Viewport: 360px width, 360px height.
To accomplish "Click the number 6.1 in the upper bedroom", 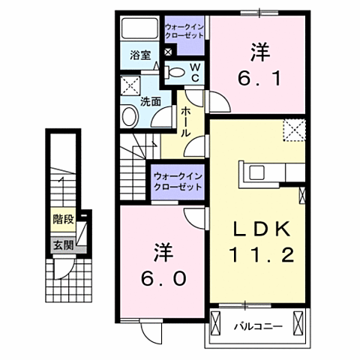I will [259, 77].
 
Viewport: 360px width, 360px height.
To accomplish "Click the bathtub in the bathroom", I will [139, 31].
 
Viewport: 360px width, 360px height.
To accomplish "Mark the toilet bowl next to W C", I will [174, 72].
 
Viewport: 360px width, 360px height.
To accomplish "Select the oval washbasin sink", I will [129, 116].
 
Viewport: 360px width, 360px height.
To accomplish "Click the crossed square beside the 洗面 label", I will [130, 84].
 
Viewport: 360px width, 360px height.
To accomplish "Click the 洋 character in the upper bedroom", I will [259, 51].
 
